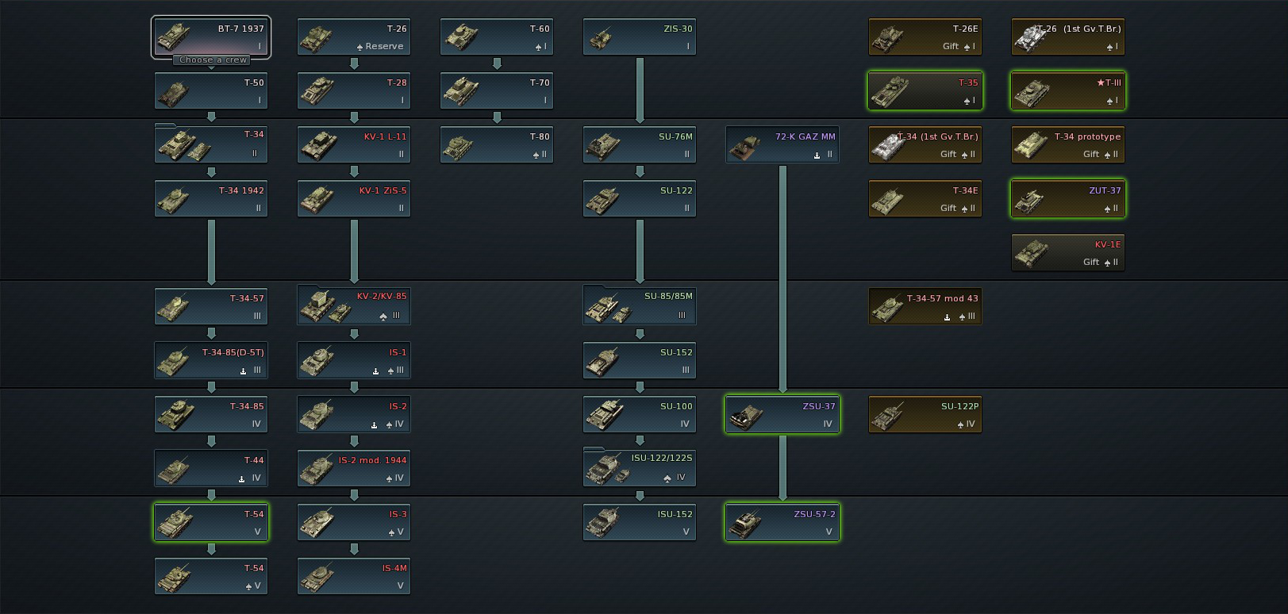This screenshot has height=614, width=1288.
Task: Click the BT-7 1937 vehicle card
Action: (211, 36)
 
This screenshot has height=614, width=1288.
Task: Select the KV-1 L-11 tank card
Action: (354, 145)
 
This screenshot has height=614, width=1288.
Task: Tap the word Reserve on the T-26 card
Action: (384, 47)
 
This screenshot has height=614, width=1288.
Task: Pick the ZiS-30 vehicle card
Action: (640, 37)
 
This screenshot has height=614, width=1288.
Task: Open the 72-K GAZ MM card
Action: (782, 145)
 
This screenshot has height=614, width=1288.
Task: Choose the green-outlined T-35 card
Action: (925, 91)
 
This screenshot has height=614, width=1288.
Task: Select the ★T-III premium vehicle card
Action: (1068, 91)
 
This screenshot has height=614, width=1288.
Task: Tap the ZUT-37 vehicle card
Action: (1068, 199)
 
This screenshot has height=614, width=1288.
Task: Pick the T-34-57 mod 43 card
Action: (925, 307)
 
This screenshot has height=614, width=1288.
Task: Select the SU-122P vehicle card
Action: (925, 415)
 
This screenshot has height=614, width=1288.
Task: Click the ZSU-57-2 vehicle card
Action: (782, 523)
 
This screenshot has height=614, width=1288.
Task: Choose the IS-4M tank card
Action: (354, 577)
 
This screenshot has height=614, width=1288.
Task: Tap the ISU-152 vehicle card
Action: (640, 523)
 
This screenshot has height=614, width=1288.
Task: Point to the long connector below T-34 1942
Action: (211, 251)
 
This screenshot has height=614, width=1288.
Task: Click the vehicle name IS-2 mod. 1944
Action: (372, 460)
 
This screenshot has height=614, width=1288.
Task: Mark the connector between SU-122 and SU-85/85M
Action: (640, 251)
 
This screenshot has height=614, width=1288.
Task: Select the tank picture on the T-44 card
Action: (174, 470)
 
